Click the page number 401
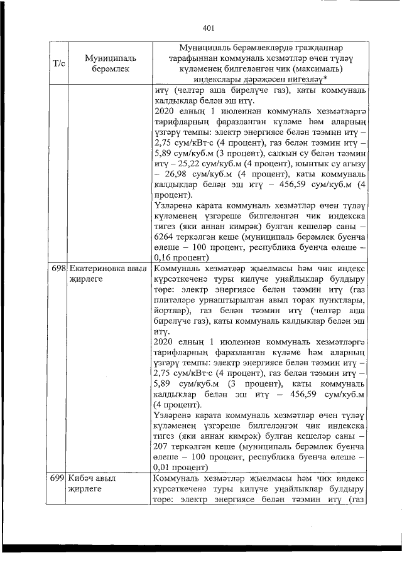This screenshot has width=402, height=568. [x=209, y=27]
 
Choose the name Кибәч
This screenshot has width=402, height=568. [x=82, y=479]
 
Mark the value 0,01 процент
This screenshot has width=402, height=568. [x=182, y=468]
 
